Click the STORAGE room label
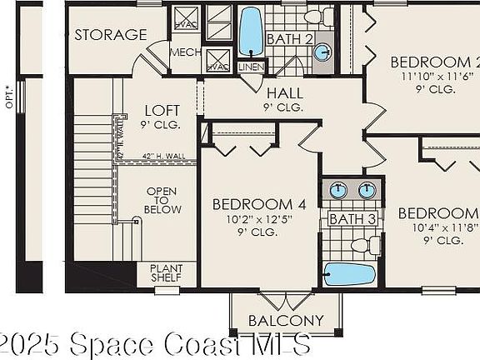pyautogui.click(x=110, y=35)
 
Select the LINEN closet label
pyautogui.click(x=250, y=67)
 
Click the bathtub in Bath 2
pyautogui.click(x=251, y=32)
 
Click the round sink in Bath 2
pyautogui.click(x=322, y=52)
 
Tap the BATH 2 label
pyautogui.click(x=289, y=38)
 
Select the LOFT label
pyautogui.click(x=162, y=110)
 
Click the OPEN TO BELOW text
pyautogui.click(x=162, y=200)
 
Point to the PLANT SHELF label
pyautogui.click(x=167, y=273)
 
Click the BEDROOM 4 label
pyautogui.click(x=252, y=204)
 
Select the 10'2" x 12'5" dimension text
pyautogui.click(x=252, y=219)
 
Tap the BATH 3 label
pyautogui.click(x=347, y=219)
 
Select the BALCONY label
pyautogui.click(x=286, y=321)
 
